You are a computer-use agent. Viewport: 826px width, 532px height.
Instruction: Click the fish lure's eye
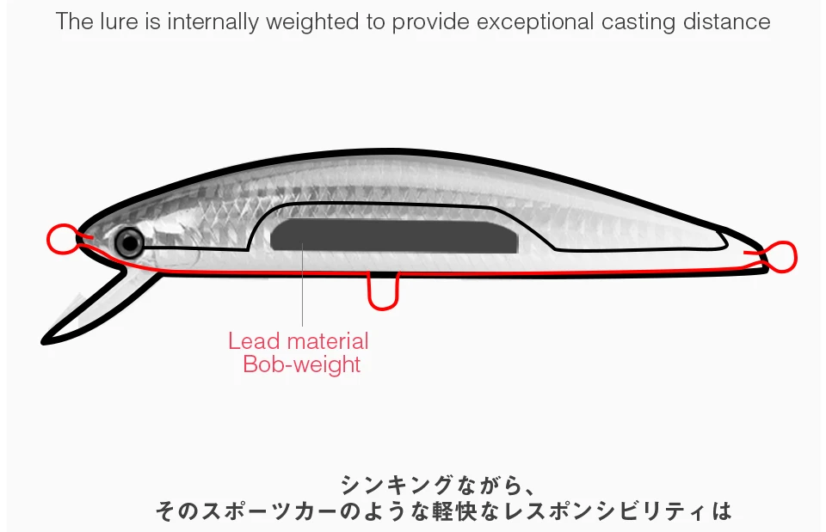tap(129, 243)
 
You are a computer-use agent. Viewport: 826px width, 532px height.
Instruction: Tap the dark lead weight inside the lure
tap(395, 235)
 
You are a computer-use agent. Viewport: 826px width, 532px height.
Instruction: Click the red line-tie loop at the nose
tap(62, 239)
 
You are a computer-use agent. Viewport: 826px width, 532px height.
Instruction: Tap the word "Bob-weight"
tap(301, 364)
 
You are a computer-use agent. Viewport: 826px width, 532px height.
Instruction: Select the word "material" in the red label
tap(328, 341)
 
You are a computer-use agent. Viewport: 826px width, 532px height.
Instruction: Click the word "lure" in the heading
tap(120, 21)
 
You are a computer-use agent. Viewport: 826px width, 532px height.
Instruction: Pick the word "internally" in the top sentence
tap(212, 21)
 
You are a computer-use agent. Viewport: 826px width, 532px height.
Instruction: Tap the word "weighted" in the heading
tap(313, 21)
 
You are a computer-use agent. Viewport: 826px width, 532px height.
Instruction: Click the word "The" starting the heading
tap(74, 21)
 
